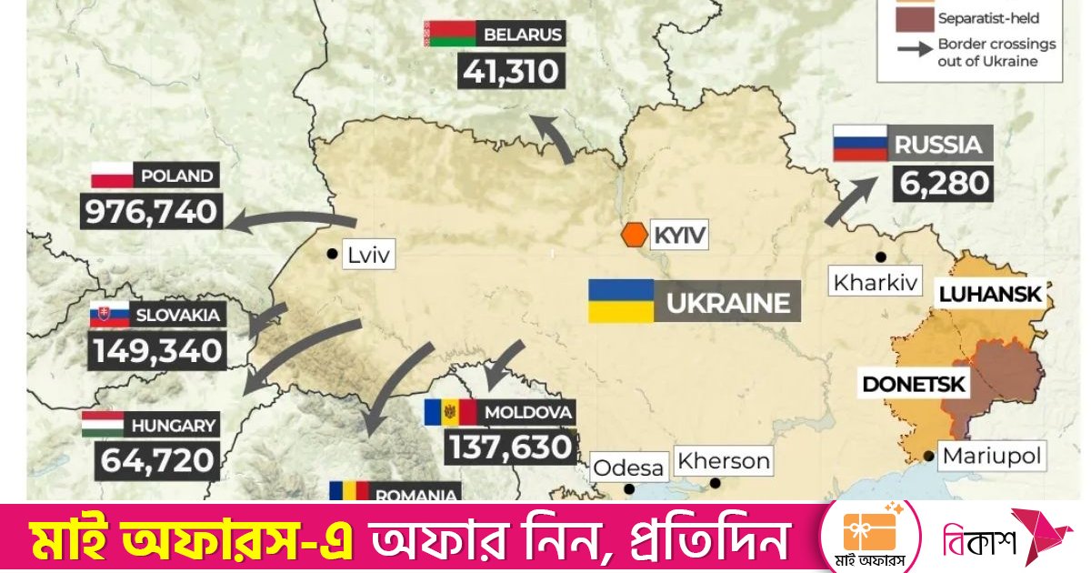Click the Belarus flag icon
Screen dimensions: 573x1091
449,35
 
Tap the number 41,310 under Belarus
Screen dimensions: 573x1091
512,71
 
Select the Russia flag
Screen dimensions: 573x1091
860,144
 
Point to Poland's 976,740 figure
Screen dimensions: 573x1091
151,212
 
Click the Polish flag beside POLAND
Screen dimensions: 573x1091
112,175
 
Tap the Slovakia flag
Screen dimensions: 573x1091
109,316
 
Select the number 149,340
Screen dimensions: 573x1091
156,351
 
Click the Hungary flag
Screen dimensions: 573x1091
103,424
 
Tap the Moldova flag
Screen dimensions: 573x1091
450,412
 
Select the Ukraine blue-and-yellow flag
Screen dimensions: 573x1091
621,301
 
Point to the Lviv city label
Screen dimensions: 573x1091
368,256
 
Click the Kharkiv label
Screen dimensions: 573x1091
876,280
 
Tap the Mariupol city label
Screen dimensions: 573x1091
991,455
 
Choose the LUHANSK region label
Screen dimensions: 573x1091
989,295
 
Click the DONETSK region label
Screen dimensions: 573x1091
912,384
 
